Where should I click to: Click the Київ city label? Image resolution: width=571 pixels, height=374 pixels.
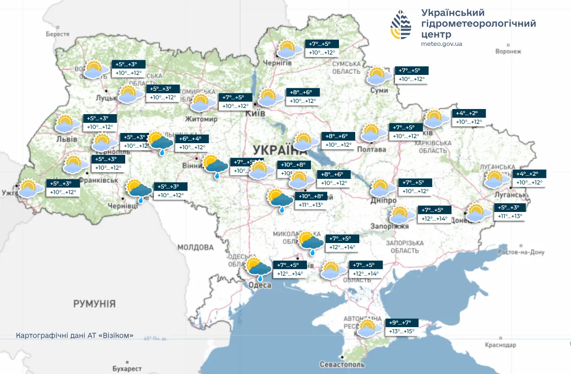point(255,114)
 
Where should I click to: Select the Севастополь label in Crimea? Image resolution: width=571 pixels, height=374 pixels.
point(342,364)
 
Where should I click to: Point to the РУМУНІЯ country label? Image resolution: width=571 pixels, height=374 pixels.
point(94,304)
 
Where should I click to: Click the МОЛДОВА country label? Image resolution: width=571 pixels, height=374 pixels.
point(195,248)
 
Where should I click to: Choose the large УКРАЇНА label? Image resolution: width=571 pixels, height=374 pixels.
point(280,150)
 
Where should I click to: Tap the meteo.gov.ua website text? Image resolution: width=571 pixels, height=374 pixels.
point(441,44)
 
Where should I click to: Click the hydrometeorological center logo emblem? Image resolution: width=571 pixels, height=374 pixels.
point(401,25)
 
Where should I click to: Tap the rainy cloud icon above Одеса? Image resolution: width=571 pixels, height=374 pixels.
point(259,269)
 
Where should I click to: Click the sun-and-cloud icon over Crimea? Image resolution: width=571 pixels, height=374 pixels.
point(368,328)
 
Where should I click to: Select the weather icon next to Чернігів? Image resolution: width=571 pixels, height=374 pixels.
point(287,49)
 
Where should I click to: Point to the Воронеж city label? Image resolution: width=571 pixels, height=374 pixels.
point(508,51)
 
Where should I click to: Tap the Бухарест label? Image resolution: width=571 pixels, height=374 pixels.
point(127,368)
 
